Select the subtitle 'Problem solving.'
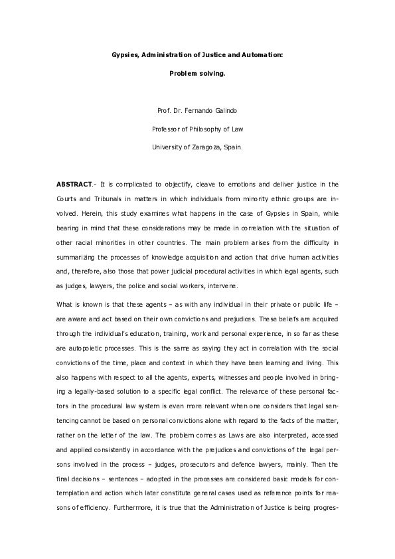click(197, 74)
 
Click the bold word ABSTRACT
click(74, 184)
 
